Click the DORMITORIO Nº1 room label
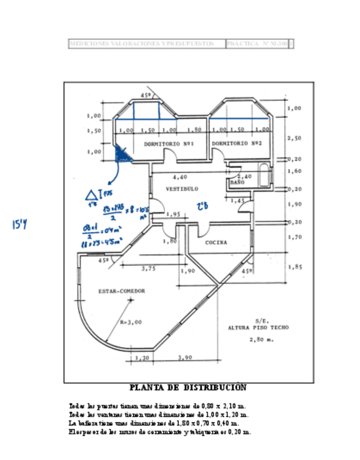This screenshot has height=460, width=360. click(x=169, y=144)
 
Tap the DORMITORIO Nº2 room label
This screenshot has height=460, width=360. click(x=237, y=143)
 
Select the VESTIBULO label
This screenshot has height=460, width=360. click(x=182, y=189)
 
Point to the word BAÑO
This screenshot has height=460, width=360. click(x=237, y=183)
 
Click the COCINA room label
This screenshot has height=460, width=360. click(x=216, y=242)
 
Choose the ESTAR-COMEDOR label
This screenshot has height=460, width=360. click(x=121, y=291)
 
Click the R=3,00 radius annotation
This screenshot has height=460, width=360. click(x=131, y=322)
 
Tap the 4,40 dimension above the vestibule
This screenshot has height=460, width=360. click(x=180, y=177)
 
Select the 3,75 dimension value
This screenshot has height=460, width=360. click(x=148, y=268)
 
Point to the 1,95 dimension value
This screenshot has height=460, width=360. click(x=173, y=214)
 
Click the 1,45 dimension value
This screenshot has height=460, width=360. click(x=237, y=201)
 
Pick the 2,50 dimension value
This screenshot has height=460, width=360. click(x=294, y=138)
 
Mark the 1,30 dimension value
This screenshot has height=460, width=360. click(x=143, y=358)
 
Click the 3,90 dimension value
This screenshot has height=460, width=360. click(x=185, y=358)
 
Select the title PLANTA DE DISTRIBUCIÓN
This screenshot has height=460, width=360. click(x=188, y=388)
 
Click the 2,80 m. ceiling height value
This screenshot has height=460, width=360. click(x=261, y=340)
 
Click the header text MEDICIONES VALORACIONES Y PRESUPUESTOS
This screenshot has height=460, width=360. click(x=143, y=43)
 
